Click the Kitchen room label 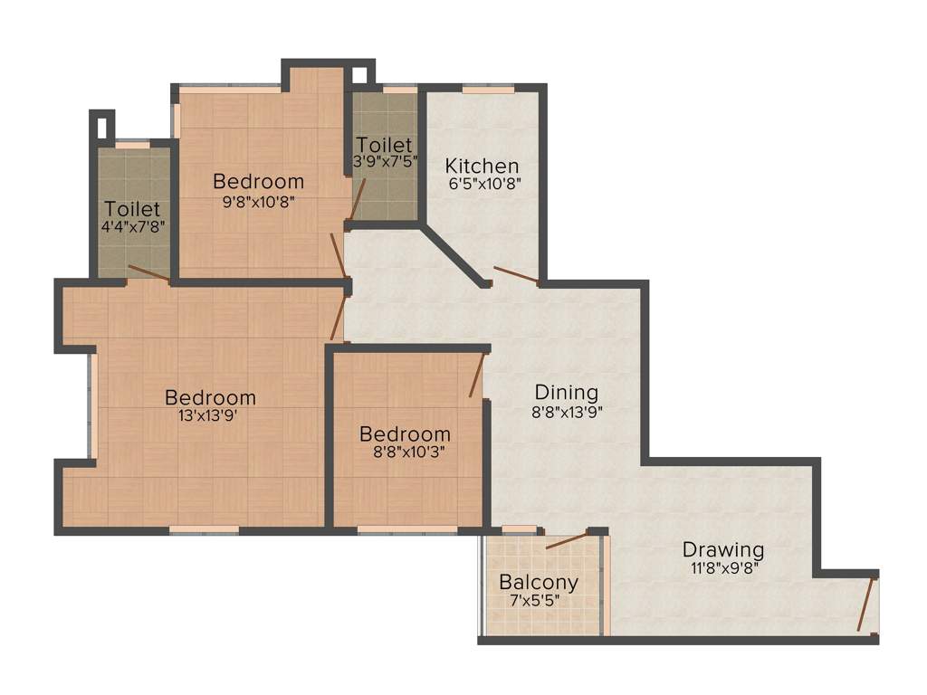pyautogui.click(x=482, y=166)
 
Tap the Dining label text pyautogui.click(x=566, y=392)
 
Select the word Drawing pyautogui.click(x=722, y=549)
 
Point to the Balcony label pyautogui.click(x=539, y=582)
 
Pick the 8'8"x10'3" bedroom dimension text pyautogui.click(x=404, y=452)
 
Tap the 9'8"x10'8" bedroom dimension pyautogui.click(x=258, y=200)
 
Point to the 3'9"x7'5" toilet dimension pyautogui.click(x=385, y=161)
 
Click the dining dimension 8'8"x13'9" pyautogui.click(x=567, y=411)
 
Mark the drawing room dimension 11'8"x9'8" pyautogui.click(x=722, y=568)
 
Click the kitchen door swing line pyautogui.click(x=516, y=275)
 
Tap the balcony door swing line pyautogui.click(x=568, y=541)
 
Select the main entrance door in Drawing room pyautogui.click(x=867, y=604)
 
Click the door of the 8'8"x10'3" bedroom pyautogui.click(x=477, y=376)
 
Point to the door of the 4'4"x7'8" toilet pyautogui.click(x=148, y=273)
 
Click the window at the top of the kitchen pyautogui.click(x=488, y=90)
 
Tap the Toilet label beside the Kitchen pyautogui.click(x=384, y=145)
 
